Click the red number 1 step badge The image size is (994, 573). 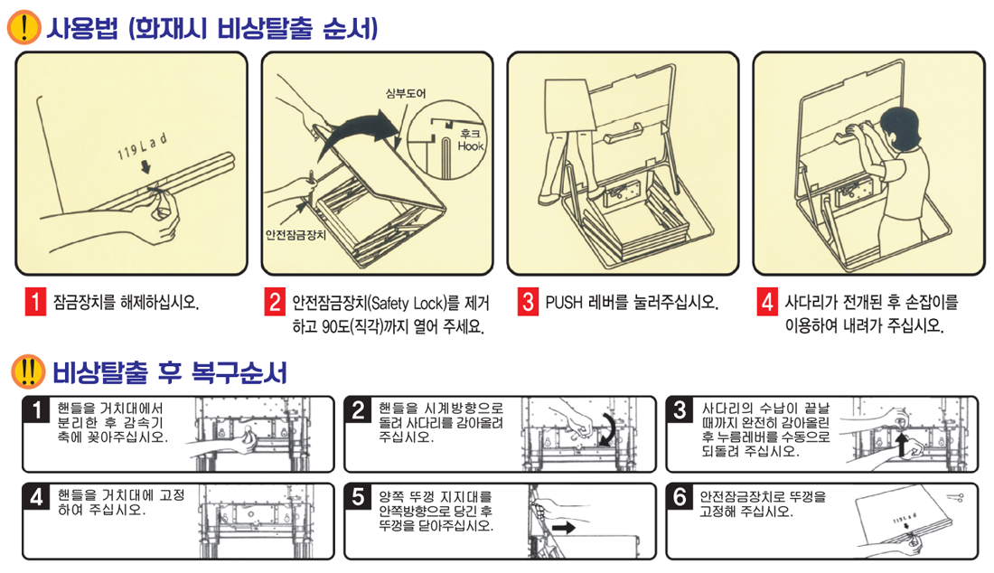pos(35,302)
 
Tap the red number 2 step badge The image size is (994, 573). pos(275,302)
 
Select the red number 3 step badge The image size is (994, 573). pos(528,302)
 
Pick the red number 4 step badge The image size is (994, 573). pos(767,302)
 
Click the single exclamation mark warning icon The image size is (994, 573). pos(24,28)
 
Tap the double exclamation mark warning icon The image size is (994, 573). pos(28,371)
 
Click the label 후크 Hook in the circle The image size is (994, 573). pos(471,140)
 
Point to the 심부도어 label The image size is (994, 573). pos(406,93)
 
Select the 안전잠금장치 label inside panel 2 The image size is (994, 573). pos(295,235)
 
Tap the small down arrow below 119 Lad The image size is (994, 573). pos(145,166)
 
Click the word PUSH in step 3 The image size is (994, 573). pos(564,303)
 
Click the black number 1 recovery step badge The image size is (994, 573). pos(37,410)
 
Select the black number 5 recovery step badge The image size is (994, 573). pos(359,498)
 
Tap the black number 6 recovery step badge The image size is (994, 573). pos(680,498)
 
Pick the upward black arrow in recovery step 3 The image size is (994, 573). pos(902,444)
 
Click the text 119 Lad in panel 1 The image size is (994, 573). pos(142,146)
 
